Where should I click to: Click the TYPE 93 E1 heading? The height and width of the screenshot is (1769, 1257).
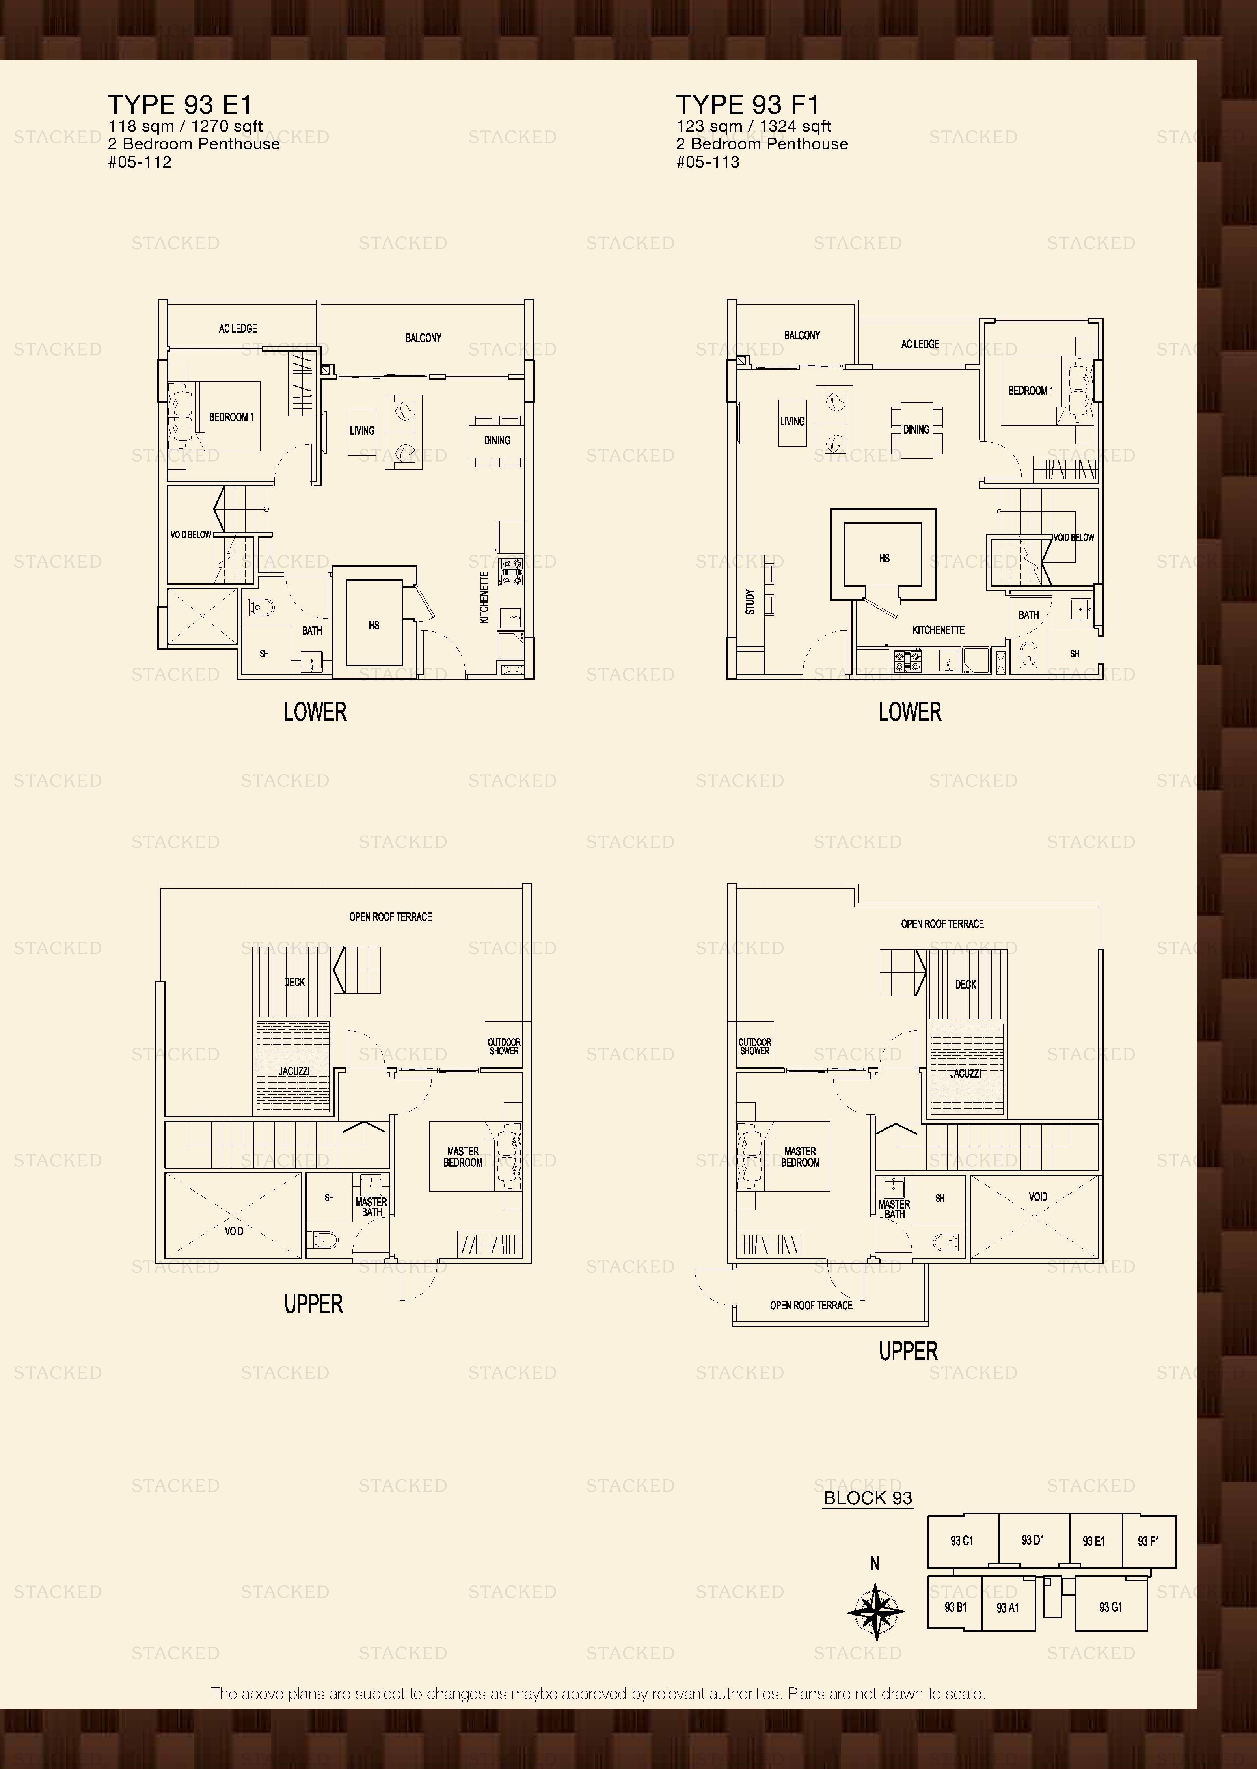(x=180, y=104)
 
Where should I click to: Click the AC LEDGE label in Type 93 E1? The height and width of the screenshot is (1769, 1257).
(x=238, y=329)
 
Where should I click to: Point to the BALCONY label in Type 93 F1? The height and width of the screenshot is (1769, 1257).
(x=802, y=335)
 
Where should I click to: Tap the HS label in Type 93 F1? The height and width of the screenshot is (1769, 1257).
(x=884, y=558)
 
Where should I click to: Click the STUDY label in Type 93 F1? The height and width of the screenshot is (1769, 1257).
(x=749, y=602)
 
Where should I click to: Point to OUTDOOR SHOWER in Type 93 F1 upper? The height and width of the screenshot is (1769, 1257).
(x=755, y=1046)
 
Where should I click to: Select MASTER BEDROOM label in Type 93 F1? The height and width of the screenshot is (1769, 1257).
(x=799, y=1157)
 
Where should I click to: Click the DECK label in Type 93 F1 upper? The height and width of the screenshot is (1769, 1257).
(x=965, y=984)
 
